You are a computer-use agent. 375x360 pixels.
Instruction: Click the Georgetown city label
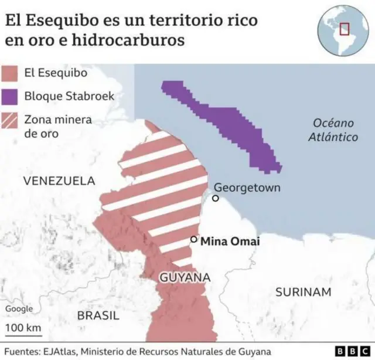pos(247,188)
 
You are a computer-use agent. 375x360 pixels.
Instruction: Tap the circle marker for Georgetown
pos(216,199)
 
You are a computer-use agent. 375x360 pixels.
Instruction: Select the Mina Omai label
pos(230,241)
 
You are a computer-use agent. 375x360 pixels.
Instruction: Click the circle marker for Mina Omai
pos(194,240)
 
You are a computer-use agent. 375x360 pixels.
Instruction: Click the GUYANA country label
pos(185,277)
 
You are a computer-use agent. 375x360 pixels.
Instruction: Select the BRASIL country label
pos(98,315)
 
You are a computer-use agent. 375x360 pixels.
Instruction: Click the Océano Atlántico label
pos(334,130)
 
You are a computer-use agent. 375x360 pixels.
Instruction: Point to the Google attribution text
pos(19,309)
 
